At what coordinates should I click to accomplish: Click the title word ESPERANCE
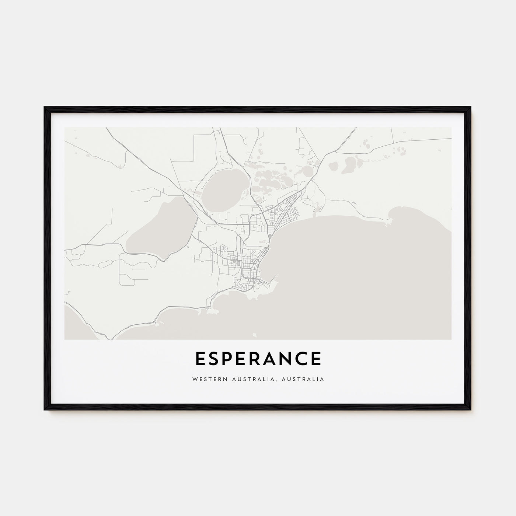pos(258,359)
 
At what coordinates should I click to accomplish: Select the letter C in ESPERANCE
pos(301,359)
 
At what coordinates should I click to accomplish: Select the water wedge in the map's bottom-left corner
pos(76,324)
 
